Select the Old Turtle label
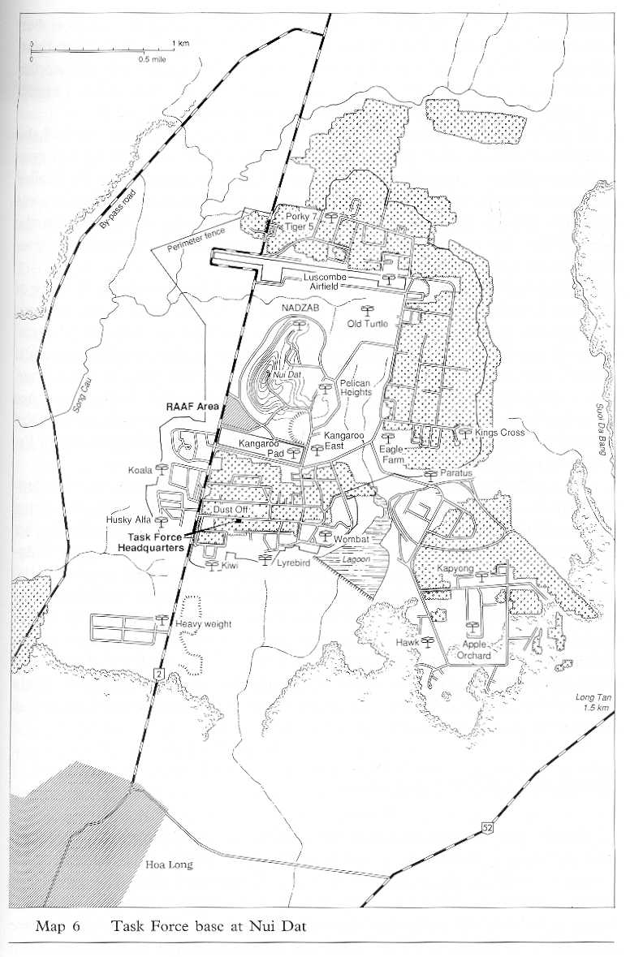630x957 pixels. click(367, 324)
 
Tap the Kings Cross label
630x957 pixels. click(500, 433)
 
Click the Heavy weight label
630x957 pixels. click(203, 624)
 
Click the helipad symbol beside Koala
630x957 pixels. click(162, 468)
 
